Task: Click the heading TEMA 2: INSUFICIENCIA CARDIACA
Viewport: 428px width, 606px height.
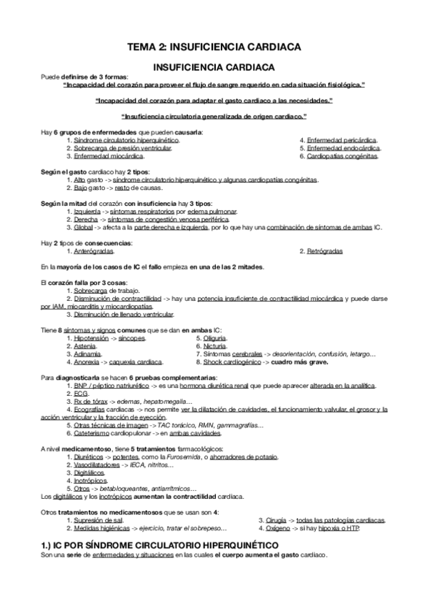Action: coord(214,47)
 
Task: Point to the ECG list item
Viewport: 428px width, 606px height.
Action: coord(79,393)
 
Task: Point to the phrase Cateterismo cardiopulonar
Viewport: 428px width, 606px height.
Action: coord(112,432)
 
